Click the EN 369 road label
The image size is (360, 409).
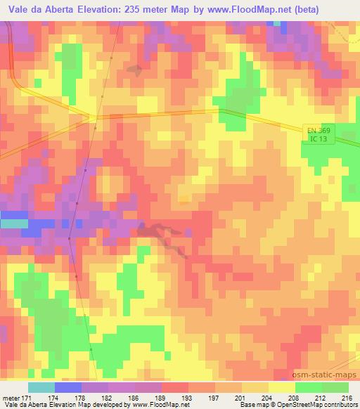[317, 131]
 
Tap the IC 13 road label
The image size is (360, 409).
[317, 139]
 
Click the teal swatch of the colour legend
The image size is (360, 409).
[41, 388]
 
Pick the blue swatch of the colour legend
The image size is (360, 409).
[67, 388]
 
